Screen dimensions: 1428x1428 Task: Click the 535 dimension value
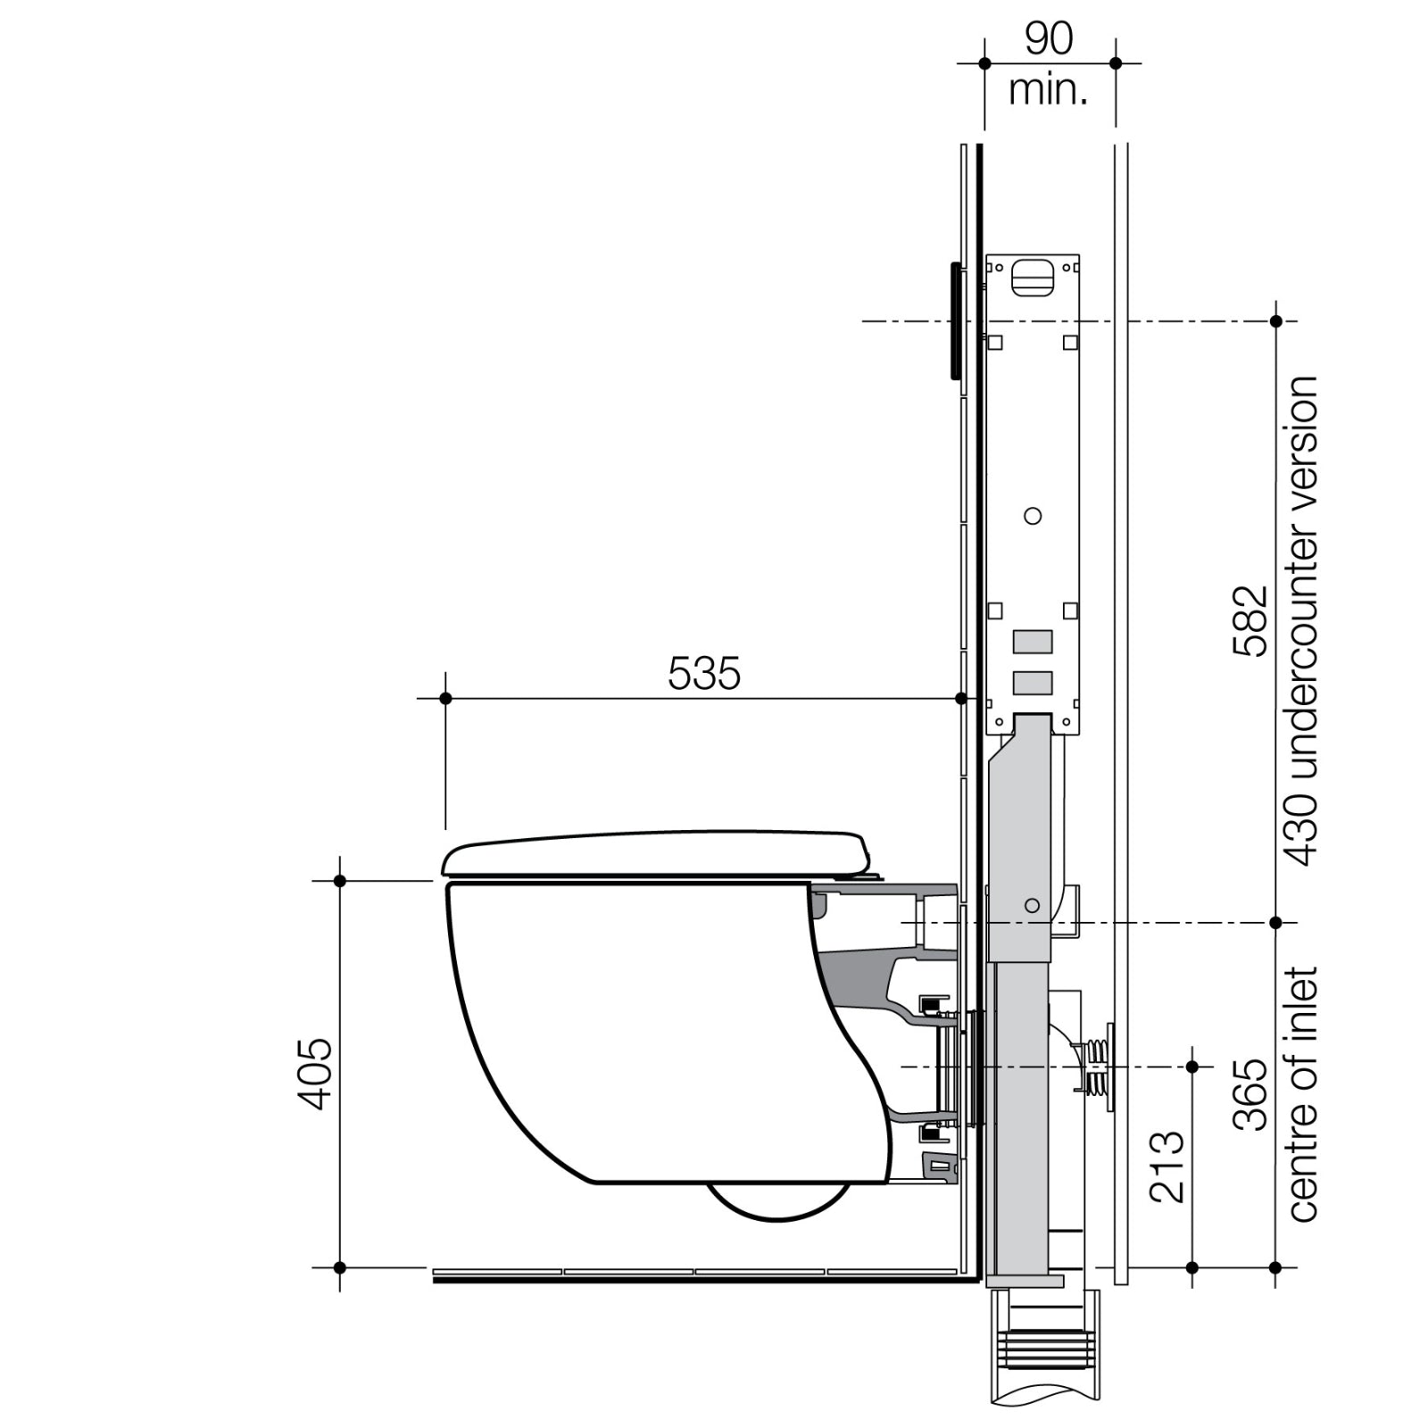coord(704,674)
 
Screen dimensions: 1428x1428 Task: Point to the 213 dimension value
coord(1167,1166)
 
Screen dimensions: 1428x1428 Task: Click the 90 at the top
coord(1049,38)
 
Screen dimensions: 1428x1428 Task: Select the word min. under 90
coord(1049,90)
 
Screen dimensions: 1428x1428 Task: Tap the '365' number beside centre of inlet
coord(1251,1094)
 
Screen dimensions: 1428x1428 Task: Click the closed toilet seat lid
coord(656,852)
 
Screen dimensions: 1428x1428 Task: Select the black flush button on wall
coord(956,319)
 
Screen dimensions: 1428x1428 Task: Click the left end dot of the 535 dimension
coord(446,698)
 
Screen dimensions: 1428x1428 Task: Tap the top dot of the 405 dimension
coord(339,881)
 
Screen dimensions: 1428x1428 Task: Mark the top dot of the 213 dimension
coord(1192,1067)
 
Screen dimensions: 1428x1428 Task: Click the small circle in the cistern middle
coord(1033,516)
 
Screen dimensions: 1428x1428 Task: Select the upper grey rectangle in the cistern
coord(1033,641)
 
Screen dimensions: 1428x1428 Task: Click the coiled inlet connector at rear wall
coord(1097,1067)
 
